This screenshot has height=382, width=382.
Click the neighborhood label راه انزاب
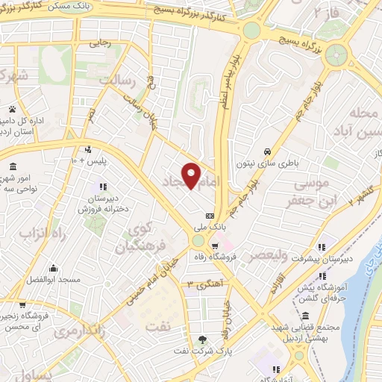click(x=30, y=235)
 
